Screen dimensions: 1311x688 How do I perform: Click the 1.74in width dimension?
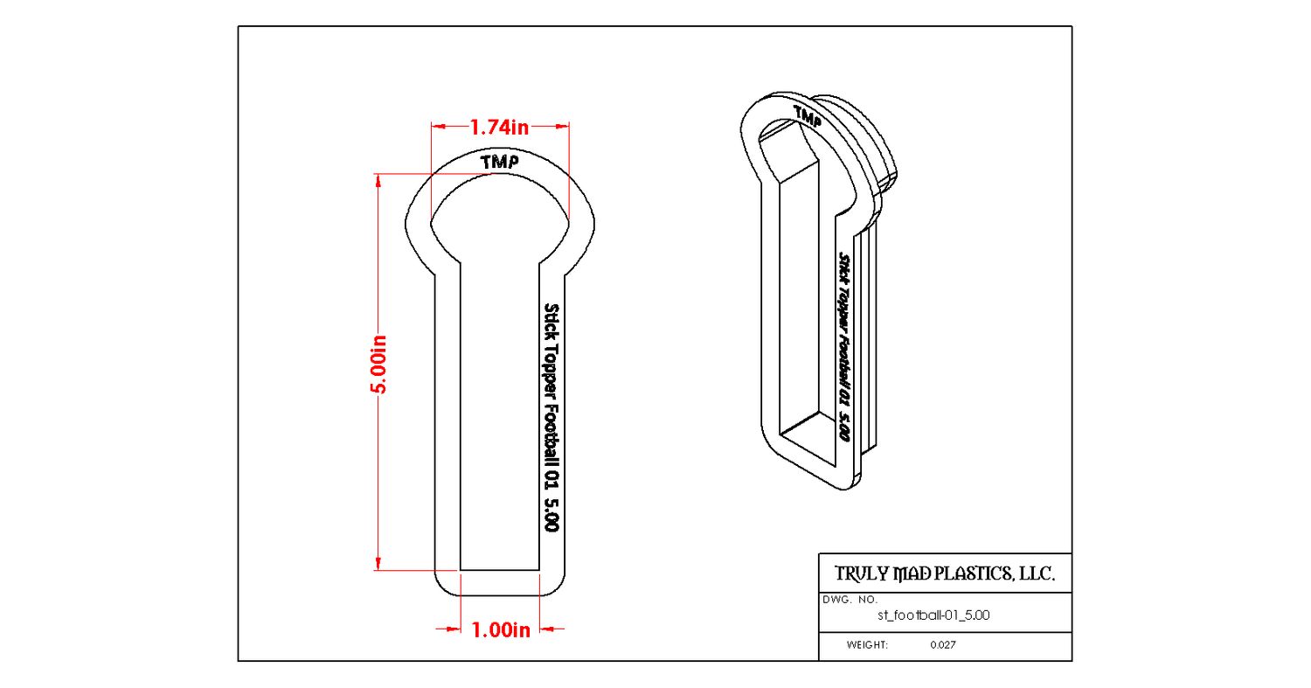point(500,127)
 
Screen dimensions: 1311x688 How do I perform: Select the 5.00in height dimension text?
point(380,365)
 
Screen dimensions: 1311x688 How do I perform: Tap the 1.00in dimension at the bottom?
point(501,630)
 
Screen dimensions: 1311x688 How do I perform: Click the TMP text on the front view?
point(500,162)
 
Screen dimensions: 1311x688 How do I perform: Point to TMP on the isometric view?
point(808,116)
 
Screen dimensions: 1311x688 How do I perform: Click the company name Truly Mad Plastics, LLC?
point(945,573)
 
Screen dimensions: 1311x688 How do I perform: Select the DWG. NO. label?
point(850,600)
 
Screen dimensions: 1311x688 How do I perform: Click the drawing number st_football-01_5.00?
point(933,615)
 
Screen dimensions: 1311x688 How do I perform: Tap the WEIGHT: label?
point(867,644)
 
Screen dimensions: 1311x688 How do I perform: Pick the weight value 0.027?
point(943,644)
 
